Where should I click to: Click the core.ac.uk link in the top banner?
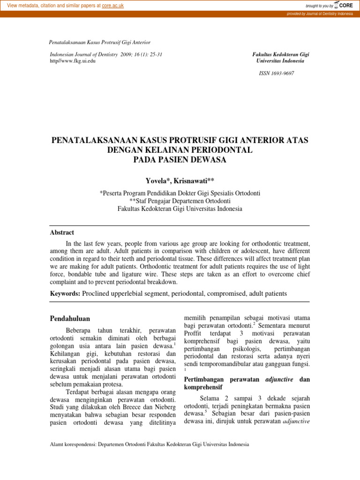[x=114, y=5]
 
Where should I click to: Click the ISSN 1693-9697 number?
[x=277, y=74]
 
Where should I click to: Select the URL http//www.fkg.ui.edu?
[x=73, y=61]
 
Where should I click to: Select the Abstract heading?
[x=62, y=232]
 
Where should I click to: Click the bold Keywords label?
[x=65, y=293]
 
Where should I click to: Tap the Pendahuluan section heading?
[x=70, y=319]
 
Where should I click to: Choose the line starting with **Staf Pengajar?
[x=180, y=201]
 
